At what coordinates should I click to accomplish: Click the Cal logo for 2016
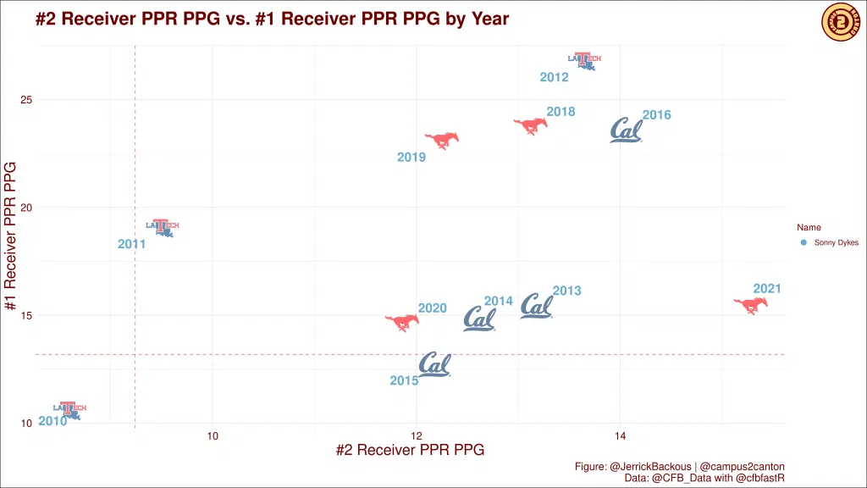[x=627, y=130]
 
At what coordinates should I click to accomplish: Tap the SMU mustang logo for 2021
[x=750, y=305]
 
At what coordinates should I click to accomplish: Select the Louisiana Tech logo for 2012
[x=583, y=61]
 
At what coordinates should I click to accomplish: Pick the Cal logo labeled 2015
[x=434, y=365]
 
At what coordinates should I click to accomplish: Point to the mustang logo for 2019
[x=442, y=140]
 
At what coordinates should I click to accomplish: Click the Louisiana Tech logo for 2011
[x=163, y=227]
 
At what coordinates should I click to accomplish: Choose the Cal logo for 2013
[x=537, y=307]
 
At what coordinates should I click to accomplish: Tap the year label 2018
[x=561, y=112]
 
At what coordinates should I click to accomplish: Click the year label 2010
[x=52, y=421]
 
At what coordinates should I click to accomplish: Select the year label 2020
[x=432, y=308]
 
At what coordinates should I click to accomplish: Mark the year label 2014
[x=499, y=301]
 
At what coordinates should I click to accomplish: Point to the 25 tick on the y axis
[x=26, y=100]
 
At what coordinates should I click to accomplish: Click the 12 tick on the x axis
[x=417, y=435]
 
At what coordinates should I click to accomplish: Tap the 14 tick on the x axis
[x=621, y=435]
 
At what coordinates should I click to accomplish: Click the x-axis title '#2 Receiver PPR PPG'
[x=410, y=451]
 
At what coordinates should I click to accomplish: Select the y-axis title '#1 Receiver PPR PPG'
[x=12, y=235]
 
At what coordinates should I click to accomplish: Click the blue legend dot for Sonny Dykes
[x=803, y=242]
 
